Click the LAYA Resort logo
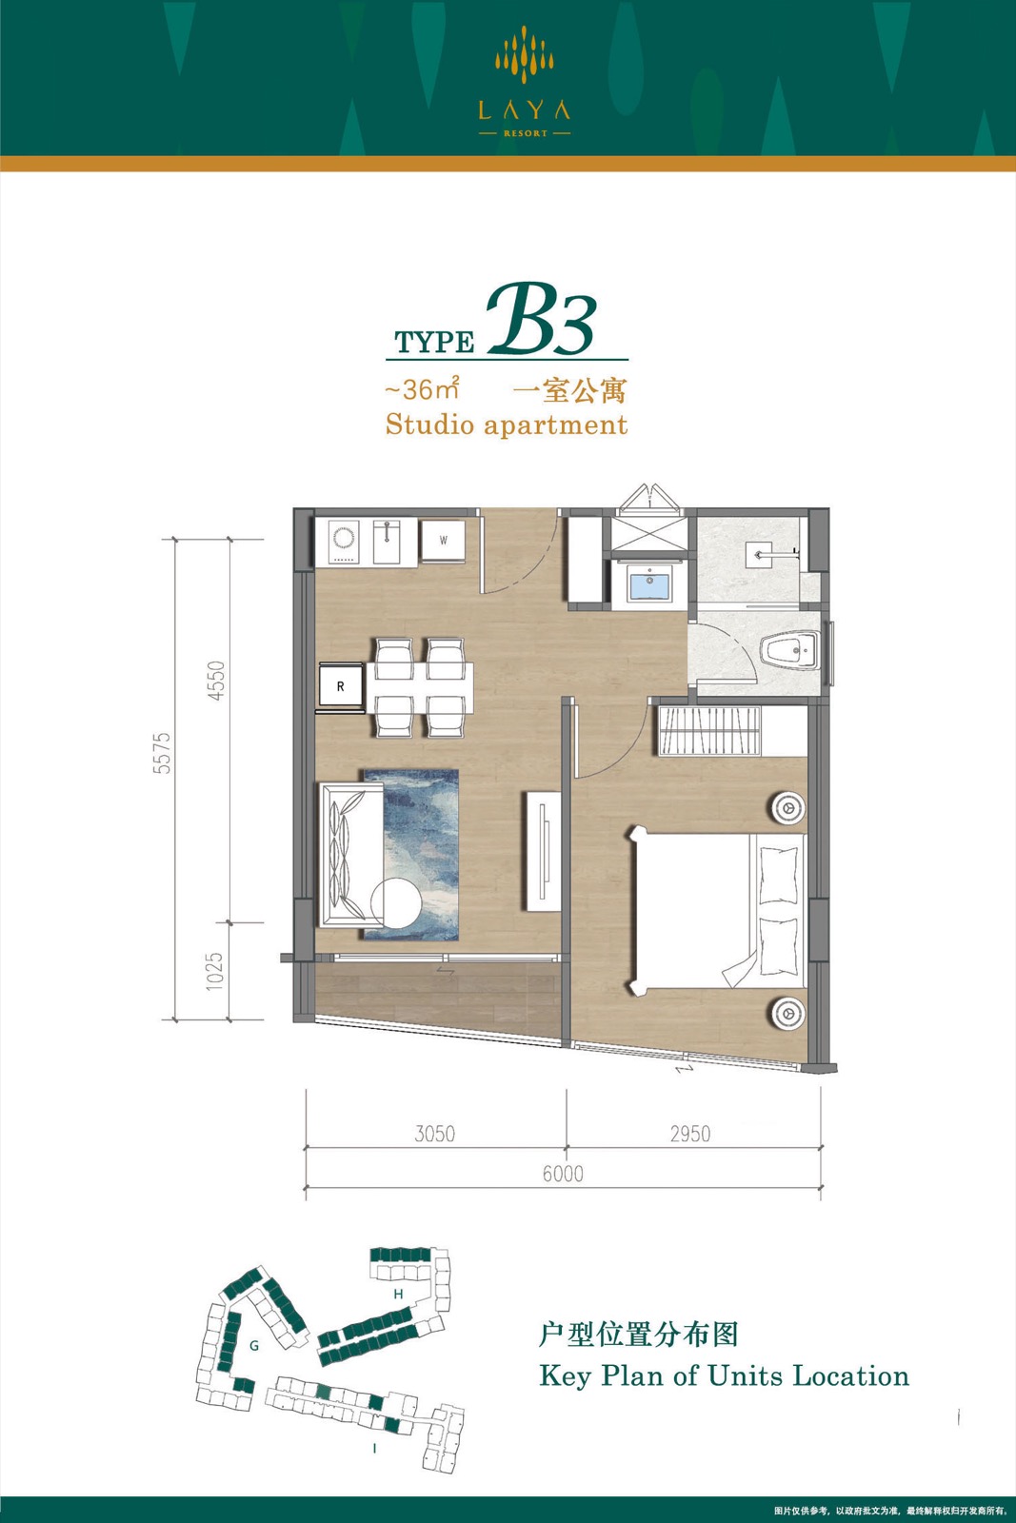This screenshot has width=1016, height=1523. pyautogui.click(x=524, y=82)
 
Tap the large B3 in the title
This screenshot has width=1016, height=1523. pyautogui.click(x=541, y=322)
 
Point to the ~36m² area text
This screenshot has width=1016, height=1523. pyautogui.click(x=423, y=389)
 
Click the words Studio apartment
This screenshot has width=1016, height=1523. pyautogui.click(x=506, y=425)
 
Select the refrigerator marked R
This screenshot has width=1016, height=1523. pyautogui.click(x=340, y=686)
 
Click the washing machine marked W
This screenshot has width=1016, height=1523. pyautogui.click(x=443, y=541)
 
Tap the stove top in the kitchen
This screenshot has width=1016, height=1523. pyautogui.click(x=344, y=542)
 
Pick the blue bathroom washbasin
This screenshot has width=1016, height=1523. pyautogui.click(x=650, y=583)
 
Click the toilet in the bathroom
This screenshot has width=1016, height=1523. pyautogui.click(x=790, y=651)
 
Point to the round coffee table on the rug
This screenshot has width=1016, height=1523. pyautogui.click(x=396, y=902)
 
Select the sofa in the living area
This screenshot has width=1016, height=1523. pyautogui.click(x=351, y=855)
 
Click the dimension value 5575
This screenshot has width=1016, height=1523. pyautogui.click(x=163, y=753)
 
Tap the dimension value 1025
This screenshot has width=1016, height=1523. pyautogui.click(x=214, y=971)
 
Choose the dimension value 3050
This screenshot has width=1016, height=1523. pyautogui.click(x=434, y=1134)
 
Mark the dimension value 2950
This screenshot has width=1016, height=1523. pyautogui.click(x=690, y=1134)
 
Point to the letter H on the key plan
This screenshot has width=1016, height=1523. pyautogui.click(x=399, y=1294)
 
